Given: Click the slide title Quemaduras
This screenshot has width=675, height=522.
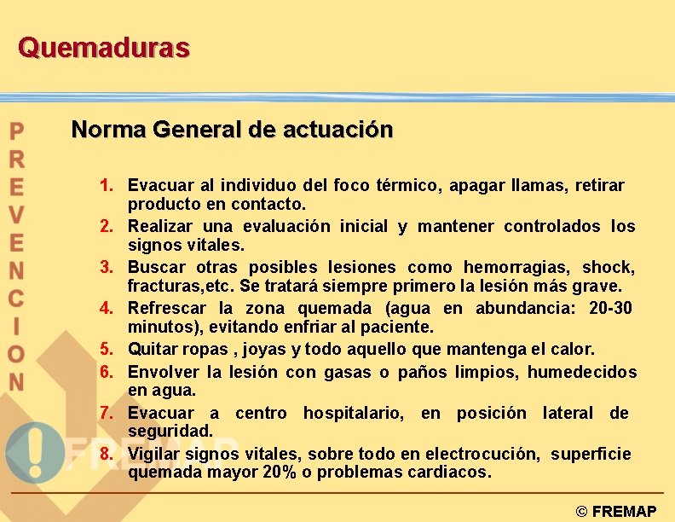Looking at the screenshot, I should click(x=103, y=47).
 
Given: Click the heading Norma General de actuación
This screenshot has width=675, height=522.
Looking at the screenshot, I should click(x=232, y=130).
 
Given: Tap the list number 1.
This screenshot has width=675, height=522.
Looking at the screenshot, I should click(x=106, y=185).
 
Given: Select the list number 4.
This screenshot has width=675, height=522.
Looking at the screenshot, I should click(x=106, y=308).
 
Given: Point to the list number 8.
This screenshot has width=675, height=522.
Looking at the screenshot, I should click(x=106, y=454).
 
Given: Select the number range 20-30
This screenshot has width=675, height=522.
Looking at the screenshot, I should click(x=610, y=308).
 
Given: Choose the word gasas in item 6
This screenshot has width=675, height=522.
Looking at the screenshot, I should click(x=349, y=372).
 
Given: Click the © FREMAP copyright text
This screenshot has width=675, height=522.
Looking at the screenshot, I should click(x=615, y=512).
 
